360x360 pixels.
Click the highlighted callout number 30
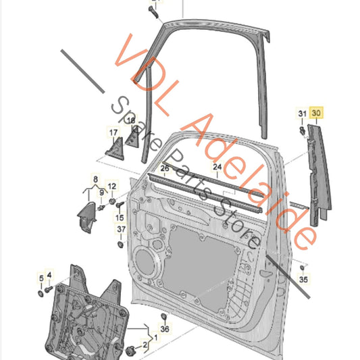316,113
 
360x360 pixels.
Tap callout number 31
302,113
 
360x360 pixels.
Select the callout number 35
303,280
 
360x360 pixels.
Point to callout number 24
217,167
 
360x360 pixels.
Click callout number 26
165,168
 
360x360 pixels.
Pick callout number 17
113,132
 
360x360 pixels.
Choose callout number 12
112,186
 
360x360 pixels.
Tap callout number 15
120,217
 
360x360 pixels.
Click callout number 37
121,229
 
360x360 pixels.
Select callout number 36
165,329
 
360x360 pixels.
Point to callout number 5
41,278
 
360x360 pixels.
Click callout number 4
49,275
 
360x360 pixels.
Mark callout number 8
95,179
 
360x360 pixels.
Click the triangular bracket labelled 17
115,149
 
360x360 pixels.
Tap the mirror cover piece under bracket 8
86,217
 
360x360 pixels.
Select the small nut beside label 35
303,267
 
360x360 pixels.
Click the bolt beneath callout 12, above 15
120,205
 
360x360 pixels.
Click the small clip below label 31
303,131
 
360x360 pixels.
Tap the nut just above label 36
163,316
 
